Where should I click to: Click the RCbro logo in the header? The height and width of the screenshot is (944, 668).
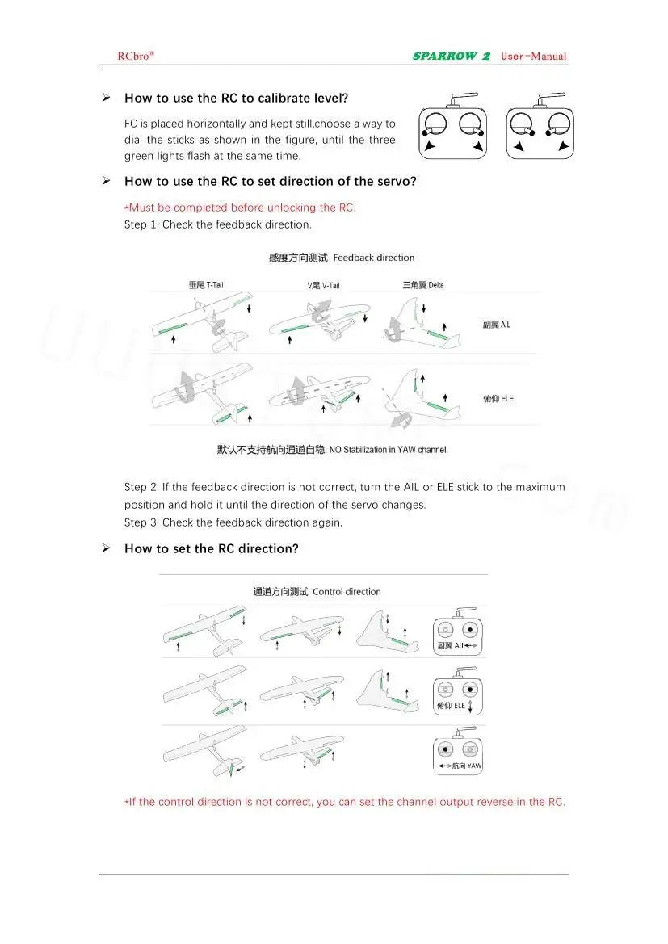click(x=135, y=56)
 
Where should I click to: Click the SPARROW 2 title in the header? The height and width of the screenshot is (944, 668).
click(x=452, y=56)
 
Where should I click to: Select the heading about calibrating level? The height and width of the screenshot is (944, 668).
click(x=236, y=98)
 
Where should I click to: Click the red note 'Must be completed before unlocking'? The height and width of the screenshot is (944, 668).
click(x=240, y=208)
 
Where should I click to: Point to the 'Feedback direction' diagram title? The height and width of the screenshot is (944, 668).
click(x=342, y=258)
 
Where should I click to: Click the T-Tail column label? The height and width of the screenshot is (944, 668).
click(x=206, y=285)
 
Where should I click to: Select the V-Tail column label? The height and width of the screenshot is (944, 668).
click(x=323, y=286)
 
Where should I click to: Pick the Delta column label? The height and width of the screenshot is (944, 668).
click(x=423, y=285)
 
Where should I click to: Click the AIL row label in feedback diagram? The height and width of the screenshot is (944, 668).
click(x=497, y=325)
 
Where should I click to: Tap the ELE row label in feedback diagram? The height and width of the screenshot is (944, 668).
click(x=498, y=399)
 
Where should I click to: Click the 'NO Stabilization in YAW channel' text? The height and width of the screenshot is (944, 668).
click(x=332, y=450)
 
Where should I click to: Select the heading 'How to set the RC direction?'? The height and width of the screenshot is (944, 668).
click(x=211, y=548)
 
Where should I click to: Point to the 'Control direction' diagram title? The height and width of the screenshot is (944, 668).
click(x=317, y=592)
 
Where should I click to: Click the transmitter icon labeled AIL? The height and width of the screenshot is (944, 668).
click(x=458, y=631)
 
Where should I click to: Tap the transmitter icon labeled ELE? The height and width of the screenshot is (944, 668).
click(x=458, y=691)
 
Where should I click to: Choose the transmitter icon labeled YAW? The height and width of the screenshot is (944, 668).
click(x=458, y=752)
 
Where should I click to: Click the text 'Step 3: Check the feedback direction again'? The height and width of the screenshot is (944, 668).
click(x=233, y=522)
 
